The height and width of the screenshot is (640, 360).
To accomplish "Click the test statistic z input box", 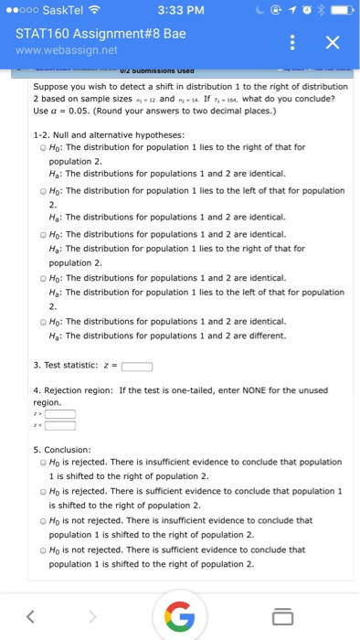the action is (136, 368).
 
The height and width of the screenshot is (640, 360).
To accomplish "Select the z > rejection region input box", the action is (60, 413).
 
